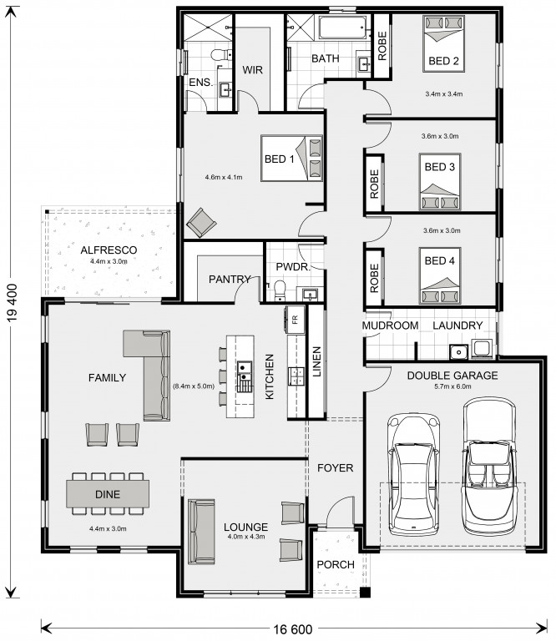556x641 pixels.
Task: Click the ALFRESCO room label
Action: (x=109, y=250)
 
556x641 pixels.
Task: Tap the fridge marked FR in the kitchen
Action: (x=296, y=320)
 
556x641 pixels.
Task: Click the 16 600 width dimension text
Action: (x=293, y=629)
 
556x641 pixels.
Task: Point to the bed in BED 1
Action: (x=291, y=159)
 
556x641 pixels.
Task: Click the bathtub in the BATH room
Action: (x=341, y=28)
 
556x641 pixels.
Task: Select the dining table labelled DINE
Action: (x=108, y=494)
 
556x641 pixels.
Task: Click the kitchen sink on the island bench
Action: (x=244, y=371)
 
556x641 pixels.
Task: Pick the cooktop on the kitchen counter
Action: (x=296, y=376)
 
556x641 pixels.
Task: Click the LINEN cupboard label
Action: (x=317, y=361)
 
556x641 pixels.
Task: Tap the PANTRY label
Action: (x=230, y=280)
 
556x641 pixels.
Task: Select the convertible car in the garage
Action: (x=489, y=467)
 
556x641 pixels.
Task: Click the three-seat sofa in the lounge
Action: (x=201, y=531)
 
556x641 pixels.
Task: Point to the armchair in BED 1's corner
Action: (x=201, y=222)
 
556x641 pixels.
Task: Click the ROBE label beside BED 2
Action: (x=382, y=46)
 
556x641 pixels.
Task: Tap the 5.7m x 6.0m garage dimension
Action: (x=452, y=386)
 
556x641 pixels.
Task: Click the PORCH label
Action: (x=336, y=564)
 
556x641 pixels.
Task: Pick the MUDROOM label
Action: (x=391, y=326)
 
